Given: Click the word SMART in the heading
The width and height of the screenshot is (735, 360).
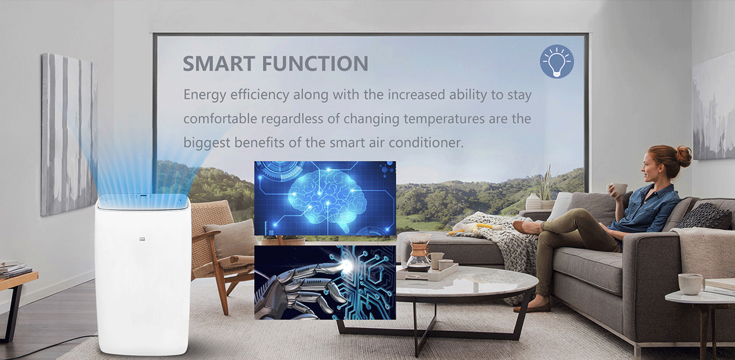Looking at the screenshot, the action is coord(219,63).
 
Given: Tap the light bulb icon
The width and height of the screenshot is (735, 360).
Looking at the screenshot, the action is coord(557,62).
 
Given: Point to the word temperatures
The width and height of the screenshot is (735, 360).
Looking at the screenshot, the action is coord(444,119).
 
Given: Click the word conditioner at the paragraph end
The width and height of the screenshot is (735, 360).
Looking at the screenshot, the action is coord(426,143).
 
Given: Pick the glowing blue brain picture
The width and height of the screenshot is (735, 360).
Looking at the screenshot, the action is coord(325,198).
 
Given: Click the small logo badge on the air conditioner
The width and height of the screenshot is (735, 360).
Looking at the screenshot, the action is coord(142,239).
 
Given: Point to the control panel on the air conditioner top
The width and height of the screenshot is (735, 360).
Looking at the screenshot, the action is coord(142,197).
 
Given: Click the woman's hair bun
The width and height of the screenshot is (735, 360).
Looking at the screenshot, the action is coord(683,156).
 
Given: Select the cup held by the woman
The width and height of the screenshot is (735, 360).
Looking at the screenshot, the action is coord(618,189).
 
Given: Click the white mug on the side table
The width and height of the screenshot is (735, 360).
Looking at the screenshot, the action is coord(691,284).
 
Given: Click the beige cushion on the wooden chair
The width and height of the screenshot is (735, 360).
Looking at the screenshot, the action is coord(232,238).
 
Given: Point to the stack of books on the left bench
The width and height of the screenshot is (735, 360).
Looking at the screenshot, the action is coord(14,269).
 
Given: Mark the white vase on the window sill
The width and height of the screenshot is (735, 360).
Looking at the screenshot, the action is coord(533,201).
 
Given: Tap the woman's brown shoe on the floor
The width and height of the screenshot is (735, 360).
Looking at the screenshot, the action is coord(532,308).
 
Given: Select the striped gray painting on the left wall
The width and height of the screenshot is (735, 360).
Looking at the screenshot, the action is coord(68,135).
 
